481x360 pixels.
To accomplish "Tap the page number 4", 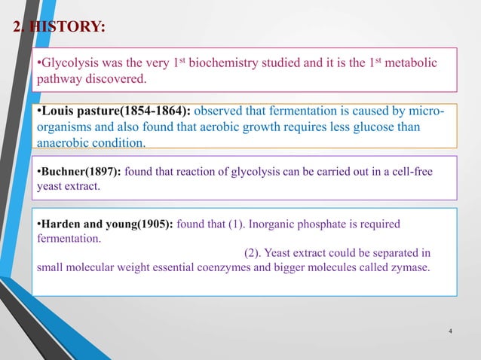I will pos(450,331).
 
